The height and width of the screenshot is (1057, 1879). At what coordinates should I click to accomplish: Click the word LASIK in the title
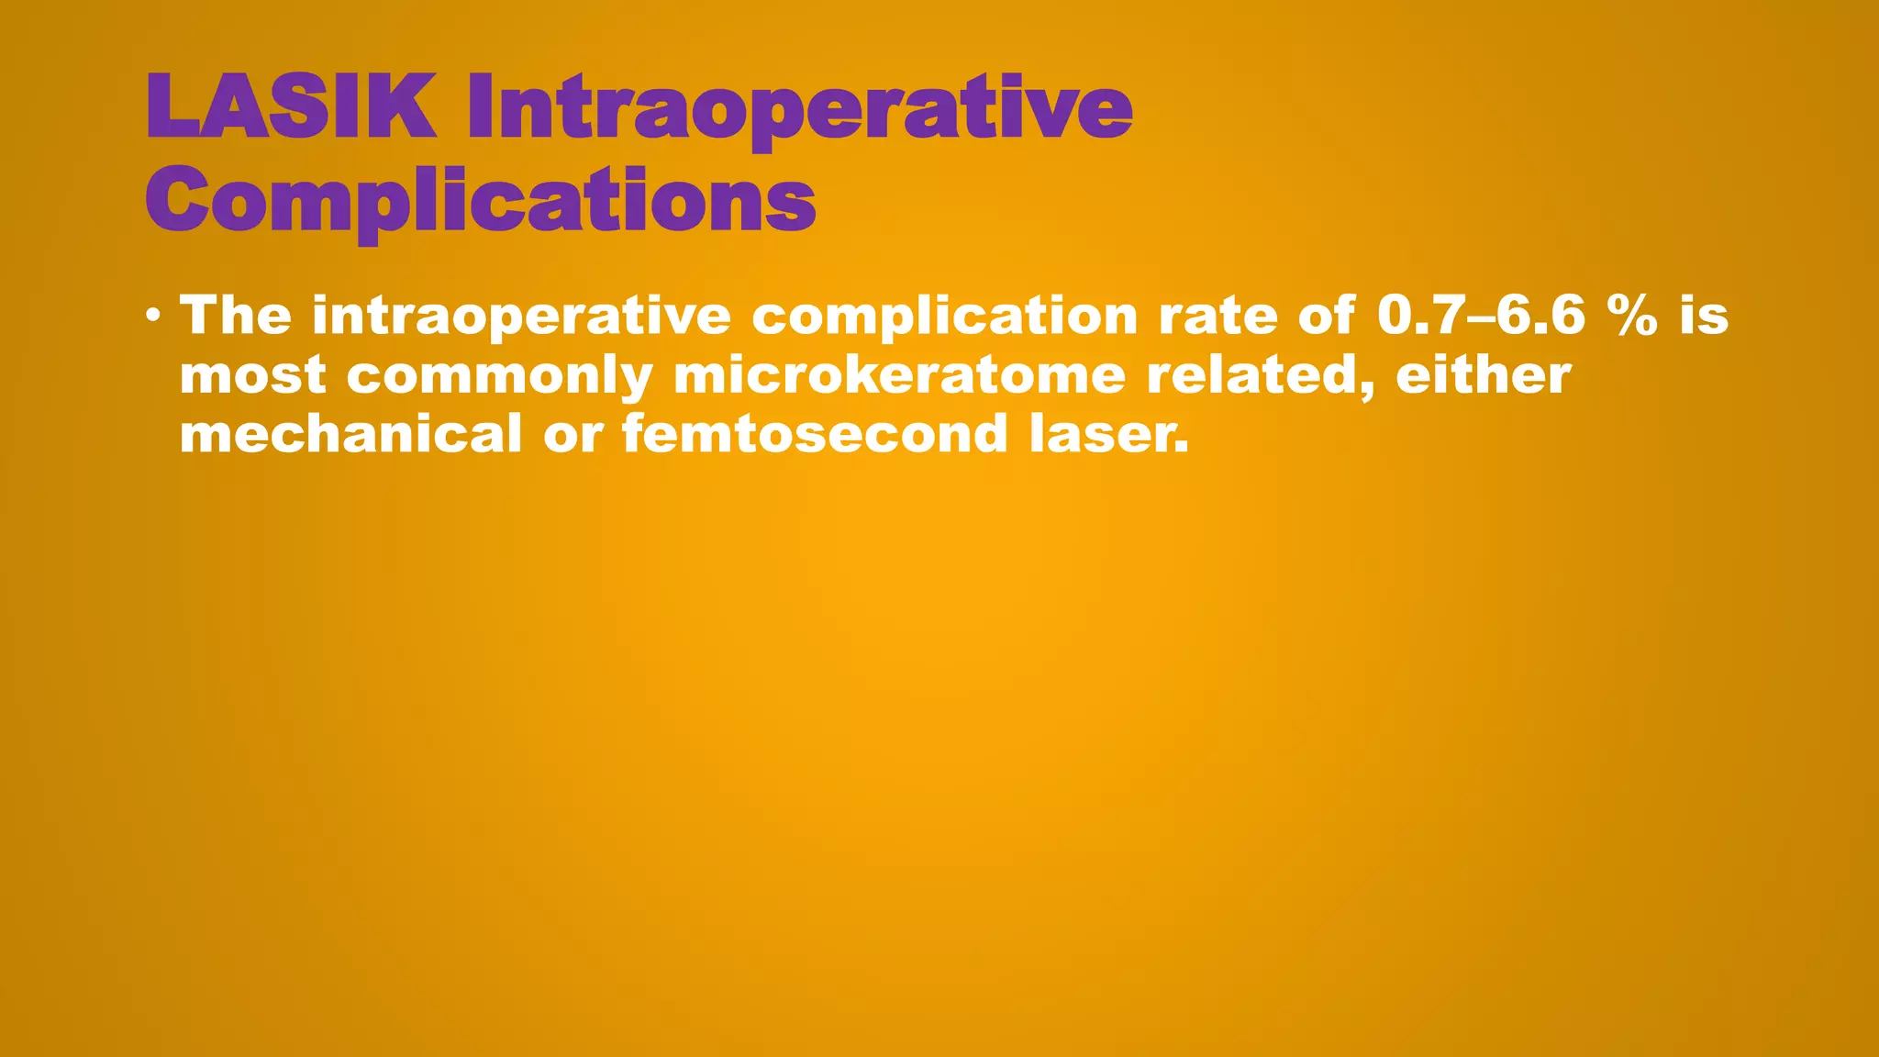pyautogui.click(x=290, y=106)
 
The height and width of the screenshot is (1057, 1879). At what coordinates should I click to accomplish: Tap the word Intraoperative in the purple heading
pyautogui.click(x=799, y=110)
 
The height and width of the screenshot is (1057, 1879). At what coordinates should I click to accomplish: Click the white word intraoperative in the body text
pyautogui.click(x=521, y=317)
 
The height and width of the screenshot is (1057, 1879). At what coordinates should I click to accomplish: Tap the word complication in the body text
pyautogui.click(x=944, y=317)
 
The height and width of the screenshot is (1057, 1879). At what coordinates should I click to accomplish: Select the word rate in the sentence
pyautogui.click(x=1217, y=317)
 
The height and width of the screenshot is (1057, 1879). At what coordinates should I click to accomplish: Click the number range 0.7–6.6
pyautogui.click(x=1481, y=316)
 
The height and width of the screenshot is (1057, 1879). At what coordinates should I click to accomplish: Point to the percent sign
pyautogui.click(x=1632, y=316)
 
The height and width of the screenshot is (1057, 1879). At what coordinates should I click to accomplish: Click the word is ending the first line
pyautogui.click(x=1704, y=316)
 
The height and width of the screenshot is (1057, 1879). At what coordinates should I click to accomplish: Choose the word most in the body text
pyautogui.click(x=252, y=376)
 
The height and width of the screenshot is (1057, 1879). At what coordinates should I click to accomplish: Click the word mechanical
pyautogui.click(x=350, y=433)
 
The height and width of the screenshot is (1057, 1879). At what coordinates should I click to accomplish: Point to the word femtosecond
pyautogui.click(x=815, y=433)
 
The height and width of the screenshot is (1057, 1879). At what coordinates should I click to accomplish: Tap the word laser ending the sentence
pyautogui.click(x=1107, y=433)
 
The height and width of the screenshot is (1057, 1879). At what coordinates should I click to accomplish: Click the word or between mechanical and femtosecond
pyautogui.click(x=573, y=435)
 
